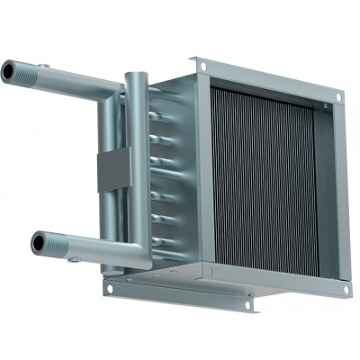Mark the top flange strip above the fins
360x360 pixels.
click(x=270, y=78)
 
